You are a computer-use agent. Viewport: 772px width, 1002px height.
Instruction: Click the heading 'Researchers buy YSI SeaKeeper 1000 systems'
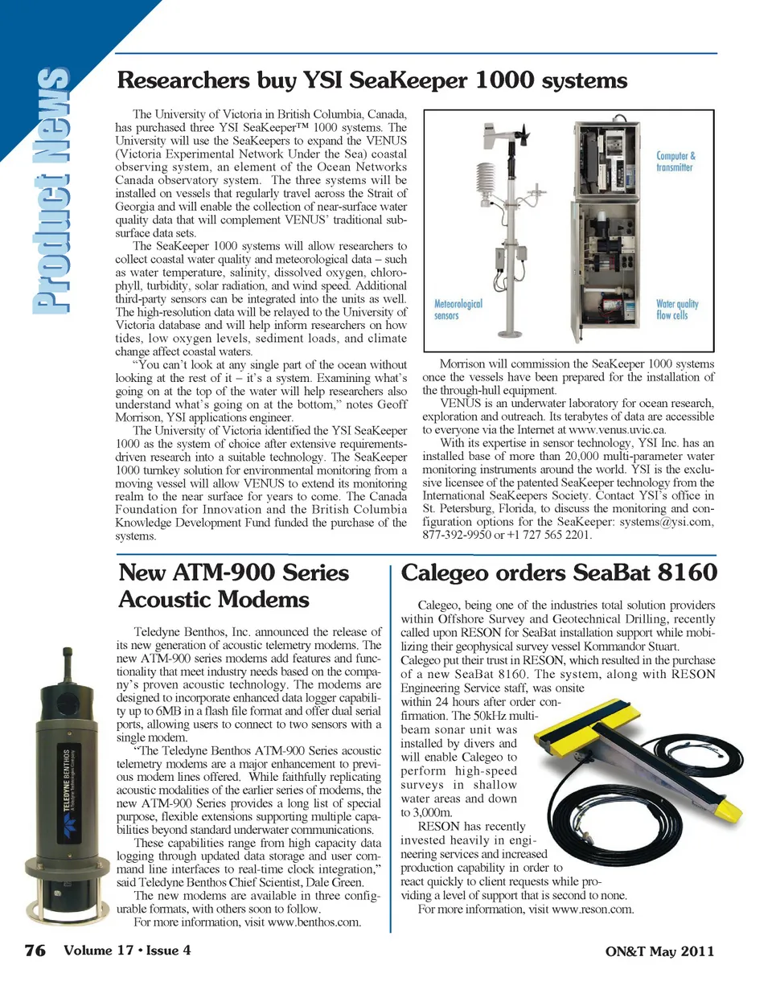[372, 81]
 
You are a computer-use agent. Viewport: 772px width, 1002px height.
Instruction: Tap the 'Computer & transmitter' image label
[675, 162]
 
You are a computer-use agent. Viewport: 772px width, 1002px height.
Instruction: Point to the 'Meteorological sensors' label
[458, 310]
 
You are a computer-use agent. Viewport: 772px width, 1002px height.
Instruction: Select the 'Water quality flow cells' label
[676, 310]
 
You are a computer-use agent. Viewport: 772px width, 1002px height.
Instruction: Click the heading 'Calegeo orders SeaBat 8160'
[558, 573]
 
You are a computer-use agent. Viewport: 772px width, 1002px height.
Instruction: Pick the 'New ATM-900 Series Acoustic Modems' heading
[233, 586]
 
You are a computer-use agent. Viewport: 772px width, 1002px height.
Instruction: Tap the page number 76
[35, 951]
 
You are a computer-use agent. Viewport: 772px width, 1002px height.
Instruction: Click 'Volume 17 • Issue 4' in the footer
[127, 951]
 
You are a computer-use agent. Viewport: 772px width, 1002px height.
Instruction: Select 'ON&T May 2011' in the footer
[659, 951]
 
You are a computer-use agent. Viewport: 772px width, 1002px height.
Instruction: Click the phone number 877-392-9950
[457, 535]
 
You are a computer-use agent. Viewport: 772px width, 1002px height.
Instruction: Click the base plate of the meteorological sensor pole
[512, 333]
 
